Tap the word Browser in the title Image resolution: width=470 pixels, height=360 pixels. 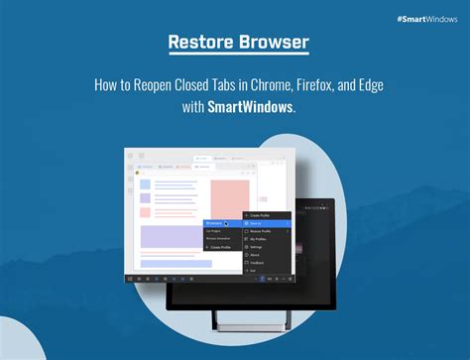(272, 44)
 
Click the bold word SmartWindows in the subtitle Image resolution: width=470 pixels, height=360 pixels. (250, 107)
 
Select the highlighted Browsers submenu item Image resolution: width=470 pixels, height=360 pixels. (217, 224)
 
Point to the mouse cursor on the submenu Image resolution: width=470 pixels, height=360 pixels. (227, 224)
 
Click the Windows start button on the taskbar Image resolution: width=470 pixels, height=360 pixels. (130, 280)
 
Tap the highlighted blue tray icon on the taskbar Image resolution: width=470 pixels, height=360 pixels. (261, 280)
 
